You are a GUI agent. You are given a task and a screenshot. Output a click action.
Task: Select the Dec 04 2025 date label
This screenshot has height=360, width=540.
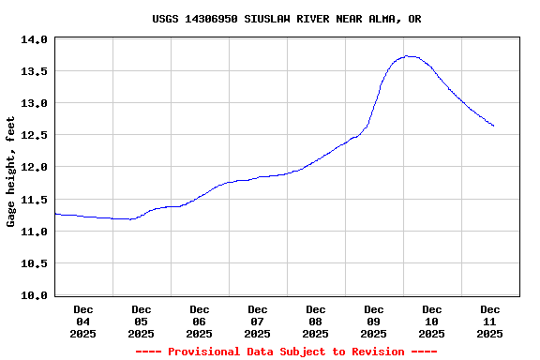(x=83, y=321)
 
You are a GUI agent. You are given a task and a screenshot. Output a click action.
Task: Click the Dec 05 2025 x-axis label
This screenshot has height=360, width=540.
(x=142, y=321)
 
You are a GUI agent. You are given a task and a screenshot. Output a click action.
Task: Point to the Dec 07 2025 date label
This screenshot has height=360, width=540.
(x=258, y=321)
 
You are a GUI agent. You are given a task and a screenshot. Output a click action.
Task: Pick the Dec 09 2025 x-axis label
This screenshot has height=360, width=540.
(x=374, y=321)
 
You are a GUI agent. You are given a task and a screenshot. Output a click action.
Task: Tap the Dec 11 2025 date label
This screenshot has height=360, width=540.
(x=490, y=321)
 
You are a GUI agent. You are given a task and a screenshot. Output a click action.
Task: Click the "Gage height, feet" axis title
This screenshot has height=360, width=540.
(x=11, y=172)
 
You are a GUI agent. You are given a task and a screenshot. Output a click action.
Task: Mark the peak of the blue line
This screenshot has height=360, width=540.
(x=408, y=56)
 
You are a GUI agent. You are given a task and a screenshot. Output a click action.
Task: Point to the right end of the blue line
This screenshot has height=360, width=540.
(x=493, y=126)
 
